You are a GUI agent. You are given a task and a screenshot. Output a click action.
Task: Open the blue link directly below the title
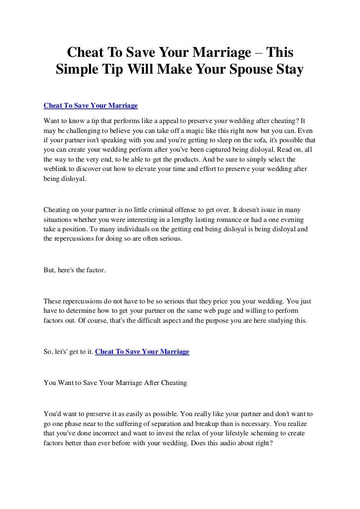click(x=90, y=106)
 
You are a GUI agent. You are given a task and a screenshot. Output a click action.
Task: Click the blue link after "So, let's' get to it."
click(x=141, y=352)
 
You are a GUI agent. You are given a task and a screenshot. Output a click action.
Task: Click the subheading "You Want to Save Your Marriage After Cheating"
click(x=115, y=382)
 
